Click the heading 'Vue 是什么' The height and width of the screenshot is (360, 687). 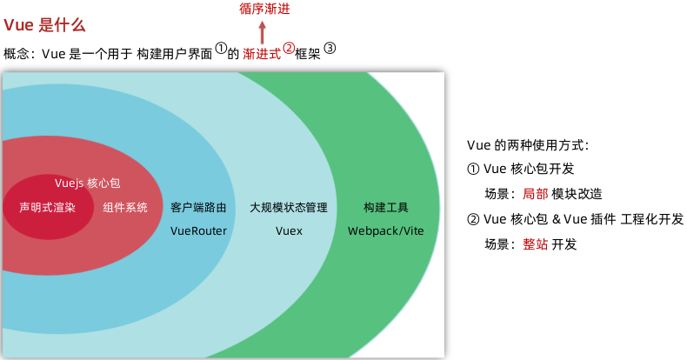[41, 25]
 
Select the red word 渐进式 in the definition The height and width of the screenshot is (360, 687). [262, 53]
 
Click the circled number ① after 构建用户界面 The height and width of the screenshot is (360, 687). [221, 48]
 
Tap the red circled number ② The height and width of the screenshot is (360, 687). [289, 48]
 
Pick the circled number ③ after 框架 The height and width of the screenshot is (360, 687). [330, 48]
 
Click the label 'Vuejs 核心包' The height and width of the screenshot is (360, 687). [87, 184]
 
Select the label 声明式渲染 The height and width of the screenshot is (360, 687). [48, 208]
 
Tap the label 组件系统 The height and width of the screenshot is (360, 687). [125, 208]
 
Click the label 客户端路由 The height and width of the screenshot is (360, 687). [199, 208]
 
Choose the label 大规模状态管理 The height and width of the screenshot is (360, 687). [289, 208]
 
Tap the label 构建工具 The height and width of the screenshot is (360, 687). [386, 208]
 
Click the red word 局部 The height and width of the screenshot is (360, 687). [535, 194]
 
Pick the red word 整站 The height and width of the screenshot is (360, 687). [535, 244]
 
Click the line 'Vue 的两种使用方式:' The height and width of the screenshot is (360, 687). [528, 144]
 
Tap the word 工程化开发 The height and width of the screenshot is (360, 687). [652, 219]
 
